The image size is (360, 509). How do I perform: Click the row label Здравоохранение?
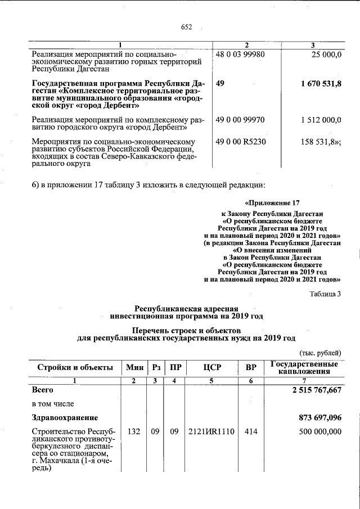pos(65,417)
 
